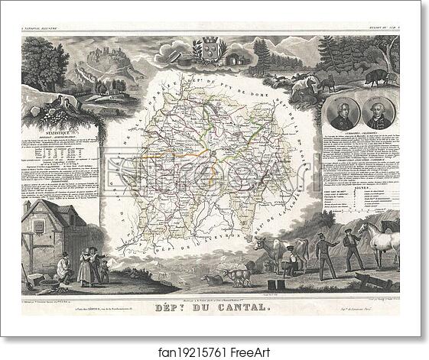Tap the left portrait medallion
pyautogui.click(x=344, y=115)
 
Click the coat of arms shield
pyautogui.click(x=210, y=47)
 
